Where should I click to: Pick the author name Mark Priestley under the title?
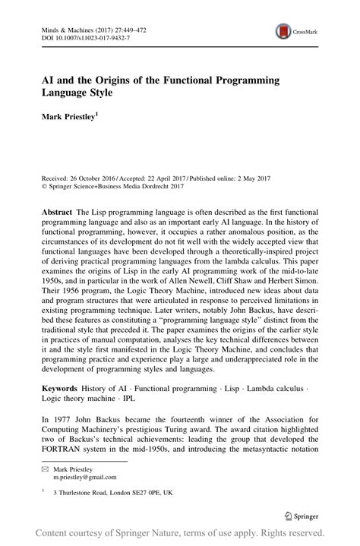pyautogui.click(x=62, y=118)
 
